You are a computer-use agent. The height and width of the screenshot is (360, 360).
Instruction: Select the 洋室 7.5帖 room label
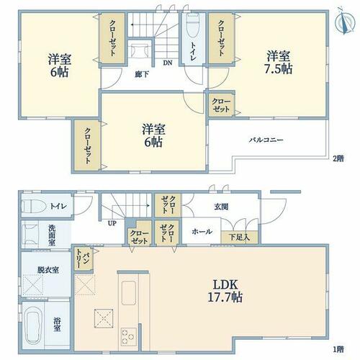pyautogui.click(x=279, y=63)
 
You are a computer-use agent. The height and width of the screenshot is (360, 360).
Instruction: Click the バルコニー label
pyautogui.click(x=266, y=140)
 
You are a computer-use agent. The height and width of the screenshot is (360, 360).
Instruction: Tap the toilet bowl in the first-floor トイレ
pyautogui.click(x=35, y=207)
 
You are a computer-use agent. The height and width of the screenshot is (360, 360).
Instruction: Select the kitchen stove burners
pyautogui.click(x=129, y=336)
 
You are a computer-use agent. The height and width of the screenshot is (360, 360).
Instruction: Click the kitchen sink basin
pyautogui.click(x=129, y=292)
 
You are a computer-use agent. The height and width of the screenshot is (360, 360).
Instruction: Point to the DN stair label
pyautogui.click(x=168, y=63)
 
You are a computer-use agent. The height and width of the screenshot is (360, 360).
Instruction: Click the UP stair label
pyautogui.click(x=112, y=223)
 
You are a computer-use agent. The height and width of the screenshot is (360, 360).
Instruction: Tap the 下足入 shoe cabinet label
pyautogui.click(x=239, y=238)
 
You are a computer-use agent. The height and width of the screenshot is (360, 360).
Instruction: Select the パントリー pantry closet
pyautogui.click(x=83, y=259)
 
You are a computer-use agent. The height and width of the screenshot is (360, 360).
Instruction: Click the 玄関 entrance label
pyautogui.click(x=221, y=207)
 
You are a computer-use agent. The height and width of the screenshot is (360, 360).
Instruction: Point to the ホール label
pyautogui.click(x=202, y=232)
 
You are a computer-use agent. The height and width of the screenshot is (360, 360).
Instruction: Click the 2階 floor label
pyautogui.click(x=338, y=158)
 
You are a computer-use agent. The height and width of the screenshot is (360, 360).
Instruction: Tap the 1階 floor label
pyautogui.click(x=338, y=348)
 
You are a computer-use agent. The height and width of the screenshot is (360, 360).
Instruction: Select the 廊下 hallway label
pyautogui.click(x=142, y=75)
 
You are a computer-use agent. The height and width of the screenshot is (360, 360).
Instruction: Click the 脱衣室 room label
pyautogui.click(x=48, y=270)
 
